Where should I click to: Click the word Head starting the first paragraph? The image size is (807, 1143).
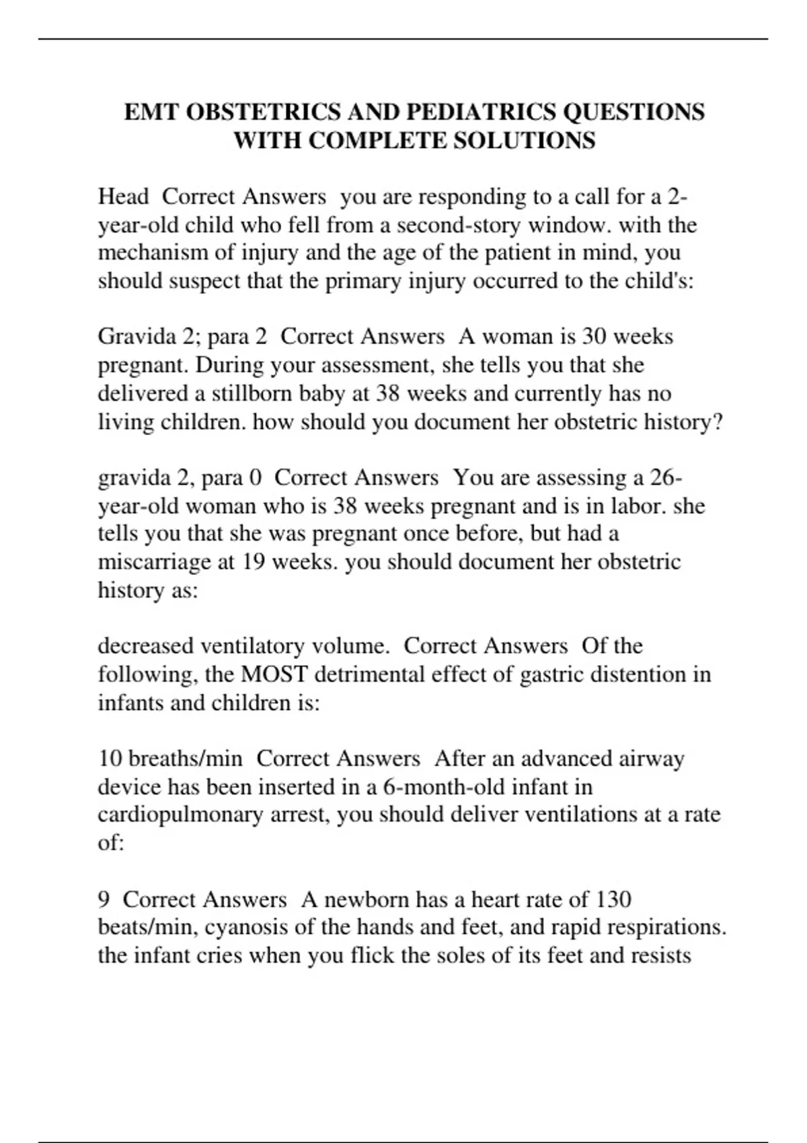(x=123, y=196)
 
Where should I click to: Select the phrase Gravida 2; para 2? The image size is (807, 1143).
(x=182, y=336)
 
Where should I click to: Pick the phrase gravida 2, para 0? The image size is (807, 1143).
(x=180, y=477)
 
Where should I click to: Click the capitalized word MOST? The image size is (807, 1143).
(x=274, y=674)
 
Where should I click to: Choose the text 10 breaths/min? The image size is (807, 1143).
(x=170, y=758)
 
